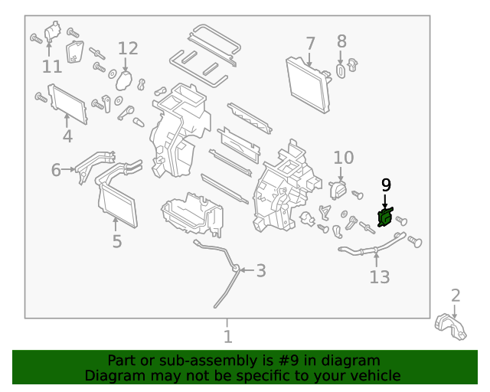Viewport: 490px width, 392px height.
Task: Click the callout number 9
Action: (x=386, y=185)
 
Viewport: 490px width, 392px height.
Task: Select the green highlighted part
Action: (x=385, y=217)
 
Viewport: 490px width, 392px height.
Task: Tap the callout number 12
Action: (x=128, y=48)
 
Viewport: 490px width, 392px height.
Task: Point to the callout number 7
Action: (x=310, y=43)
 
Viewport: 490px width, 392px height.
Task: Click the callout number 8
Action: (x=341, y=41)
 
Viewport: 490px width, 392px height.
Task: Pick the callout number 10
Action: (x=344, y=158)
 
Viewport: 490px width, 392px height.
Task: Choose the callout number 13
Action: (x=380, y=276)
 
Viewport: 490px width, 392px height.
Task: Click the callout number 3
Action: (x=261, y=270)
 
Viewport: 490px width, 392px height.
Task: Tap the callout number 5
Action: (x=116, y=242)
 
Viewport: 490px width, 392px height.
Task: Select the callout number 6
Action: (x=56, y=170)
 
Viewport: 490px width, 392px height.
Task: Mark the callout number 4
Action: (x=67, y=137)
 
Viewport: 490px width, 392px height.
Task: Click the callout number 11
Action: (x=51, y=67)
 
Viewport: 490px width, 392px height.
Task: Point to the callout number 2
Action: (x=456, y=296)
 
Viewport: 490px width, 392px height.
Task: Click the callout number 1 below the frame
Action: (x=227, y=336)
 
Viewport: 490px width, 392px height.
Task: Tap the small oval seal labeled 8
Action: (x=341, y=71)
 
